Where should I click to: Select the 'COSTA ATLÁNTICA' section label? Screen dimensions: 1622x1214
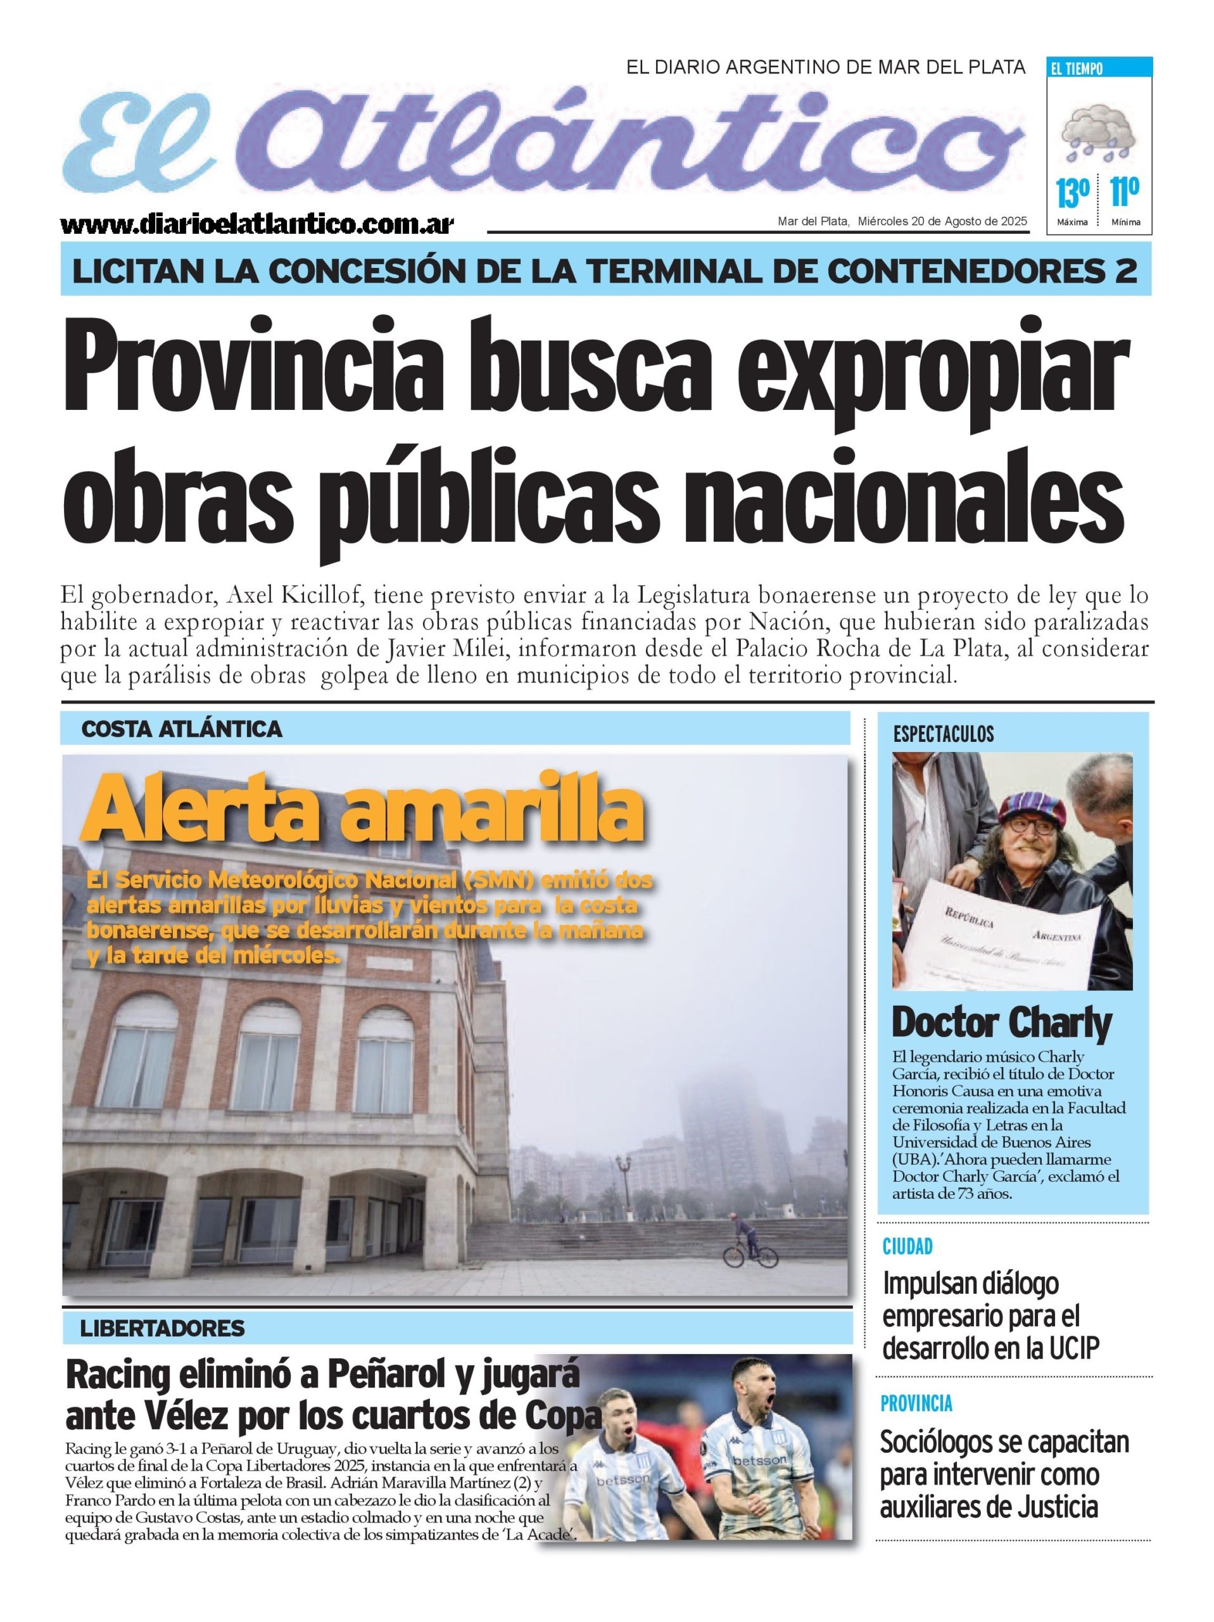(182, 729)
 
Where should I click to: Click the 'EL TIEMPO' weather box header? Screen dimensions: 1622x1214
(1077, 69)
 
